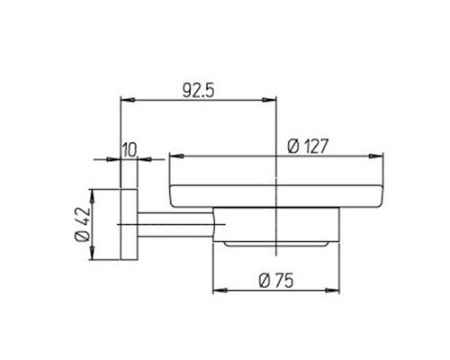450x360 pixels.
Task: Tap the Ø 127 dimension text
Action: click(x=308, y=147)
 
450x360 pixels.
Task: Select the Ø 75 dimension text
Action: click(x=275, y=281)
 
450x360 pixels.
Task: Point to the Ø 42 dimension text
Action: click(x=83, y=224)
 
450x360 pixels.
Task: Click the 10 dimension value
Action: click(x=130, y=150)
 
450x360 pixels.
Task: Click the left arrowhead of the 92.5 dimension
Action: click(x=127, y=100)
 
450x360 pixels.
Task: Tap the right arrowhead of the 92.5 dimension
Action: click(x=269, y=100)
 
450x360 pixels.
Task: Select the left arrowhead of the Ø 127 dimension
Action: click(x=176, y=157)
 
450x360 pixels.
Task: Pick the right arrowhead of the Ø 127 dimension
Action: click(x=376, y=157)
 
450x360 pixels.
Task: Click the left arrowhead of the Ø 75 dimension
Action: click(x=220, y=290)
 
